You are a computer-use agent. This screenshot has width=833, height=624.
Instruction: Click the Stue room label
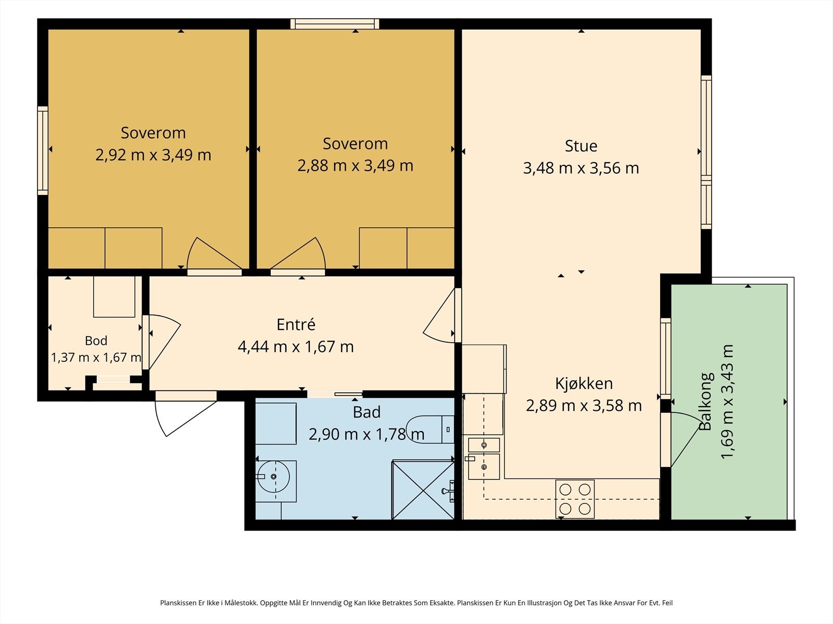point(581,146)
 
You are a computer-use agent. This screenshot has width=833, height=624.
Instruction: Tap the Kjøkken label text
point(584,384)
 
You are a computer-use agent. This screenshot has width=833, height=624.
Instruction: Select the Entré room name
point(296,324)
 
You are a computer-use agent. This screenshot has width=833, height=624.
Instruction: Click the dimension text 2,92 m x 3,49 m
point(153,155)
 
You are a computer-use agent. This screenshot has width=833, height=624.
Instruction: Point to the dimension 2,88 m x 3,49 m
point(355,165)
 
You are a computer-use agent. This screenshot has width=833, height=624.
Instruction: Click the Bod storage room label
point(96,341)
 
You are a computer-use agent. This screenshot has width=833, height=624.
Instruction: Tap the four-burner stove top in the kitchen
point(575,499)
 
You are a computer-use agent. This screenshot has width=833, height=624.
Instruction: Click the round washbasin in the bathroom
point(274,477)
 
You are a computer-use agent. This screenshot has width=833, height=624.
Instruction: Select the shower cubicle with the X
point(423,489)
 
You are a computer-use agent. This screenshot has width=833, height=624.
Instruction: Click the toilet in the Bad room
point(430,430)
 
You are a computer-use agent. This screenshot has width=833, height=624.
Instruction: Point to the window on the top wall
point(335,24)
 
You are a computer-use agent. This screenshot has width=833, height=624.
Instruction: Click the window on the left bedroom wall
point(43,151)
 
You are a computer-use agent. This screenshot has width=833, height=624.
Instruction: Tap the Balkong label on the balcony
point(705,401)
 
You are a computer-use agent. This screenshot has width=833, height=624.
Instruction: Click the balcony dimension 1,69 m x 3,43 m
point(727,401)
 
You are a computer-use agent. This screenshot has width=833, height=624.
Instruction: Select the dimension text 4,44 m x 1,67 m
point(296,347)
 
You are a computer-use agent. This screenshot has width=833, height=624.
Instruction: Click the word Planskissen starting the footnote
point(178,603)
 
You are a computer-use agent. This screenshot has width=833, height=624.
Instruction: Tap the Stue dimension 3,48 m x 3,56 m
point(581,168)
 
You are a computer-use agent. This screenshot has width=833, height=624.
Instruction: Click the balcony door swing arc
point(690,415)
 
